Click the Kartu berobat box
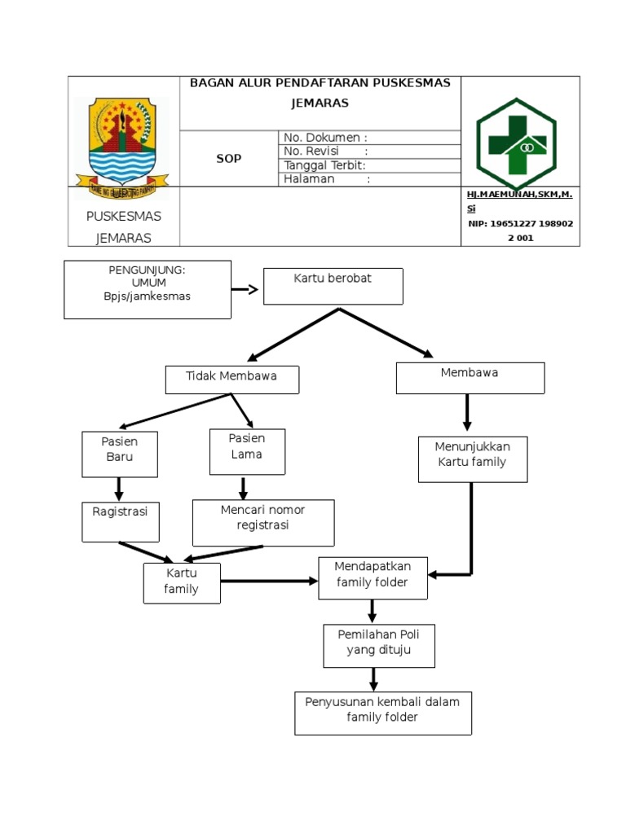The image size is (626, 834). pos(333,287)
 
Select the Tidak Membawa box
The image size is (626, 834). pos(231,380)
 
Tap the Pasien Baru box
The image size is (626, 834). pos(120,454)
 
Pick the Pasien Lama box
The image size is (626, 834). pos(247,451)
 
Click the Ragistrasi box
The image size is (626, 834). pos(121,521)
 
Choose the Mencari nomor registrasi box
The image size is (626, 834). pos(262,522)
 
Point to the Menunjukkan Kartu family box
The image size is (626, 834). pos(472,459)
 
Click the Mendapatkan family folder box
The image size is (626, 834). pos(373,578)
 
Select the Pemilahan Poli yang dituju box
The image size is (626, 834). pos(378,646)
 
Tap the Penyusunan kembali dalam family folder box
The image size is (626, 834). pos(382,713)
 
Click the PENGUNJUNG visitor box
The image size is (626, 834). pos(148,289)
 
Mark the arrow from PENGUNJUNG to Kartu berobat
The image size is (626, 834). pos(245,289)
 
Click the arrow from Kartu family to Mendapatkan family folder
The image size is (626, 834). pos(269,581)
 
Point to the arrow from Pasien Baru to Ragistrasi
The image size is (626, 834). pos(119,489)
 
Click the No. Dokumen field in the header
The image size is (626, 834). pos(369,138)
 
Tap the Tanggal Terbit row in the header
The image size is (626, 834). pos(369,165)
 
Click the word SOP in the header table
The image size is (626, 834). pos(228,159)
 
